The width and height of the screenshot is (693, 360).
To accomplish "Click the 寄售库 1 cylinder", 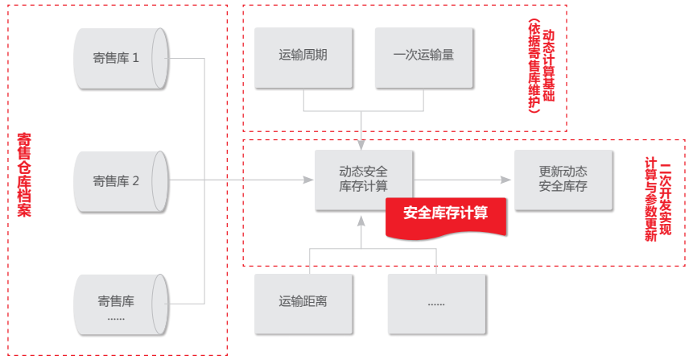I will click(121, 58).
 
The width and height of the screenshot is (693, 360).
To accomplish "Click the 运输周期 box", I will click(303, 56).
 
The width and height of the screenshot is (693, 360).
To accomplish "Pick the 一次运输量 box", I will click(423, 56).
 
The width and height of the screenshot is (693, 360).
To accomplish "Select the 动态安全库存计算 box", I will click(363, 179).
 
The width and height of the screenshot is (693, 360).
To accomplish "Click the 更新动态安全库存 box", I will click(563, 179).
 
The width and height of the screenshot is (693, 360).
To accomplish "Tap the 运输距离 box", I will click(303, 303).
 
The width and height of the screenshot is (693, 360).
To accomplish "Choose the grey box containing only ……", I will click(437, 303).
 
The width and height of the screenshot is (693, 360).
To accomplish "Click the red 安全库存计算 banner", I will click(445, 214).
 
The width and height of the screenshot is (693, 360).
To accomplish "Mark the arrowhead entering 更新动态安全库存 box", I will click(509, 180).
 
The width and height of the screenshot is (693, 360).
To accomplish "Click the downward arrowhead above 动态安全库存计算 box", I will click(363, 144).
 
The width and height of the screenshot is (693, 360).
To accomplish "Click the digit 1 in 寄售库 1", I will click(136, 58).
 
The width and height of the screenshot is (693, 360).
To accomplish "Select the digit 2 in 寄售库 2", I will click(136, 181).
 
